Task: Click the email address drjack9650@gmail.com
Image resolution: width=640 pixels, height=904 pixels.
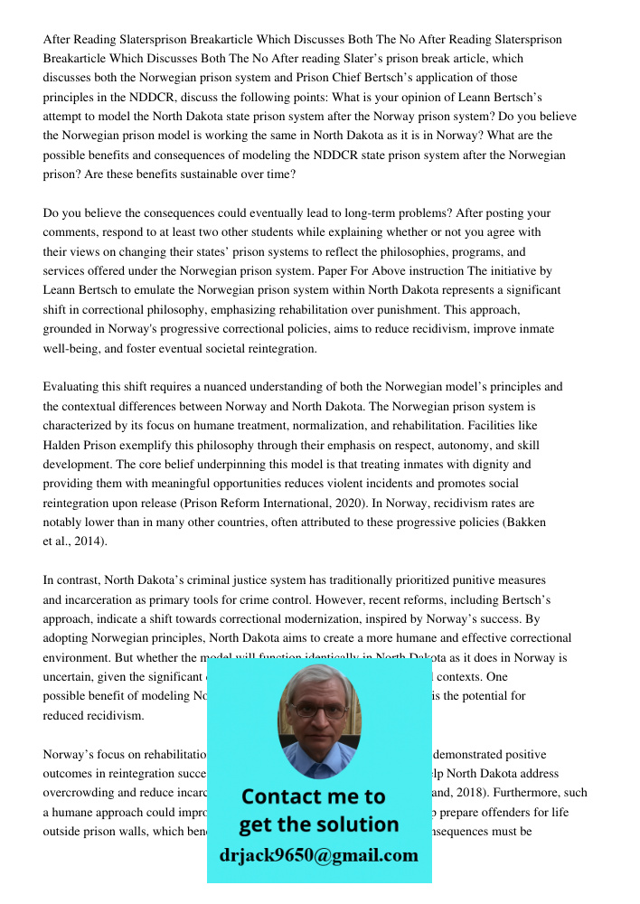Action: pos(319,854)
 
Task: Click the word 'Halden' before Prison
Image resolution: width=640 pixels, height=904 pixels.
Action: pos(65,445)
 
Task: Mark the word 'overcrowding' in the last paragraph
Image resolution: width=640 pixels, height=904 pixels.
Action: pos(83,793)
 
